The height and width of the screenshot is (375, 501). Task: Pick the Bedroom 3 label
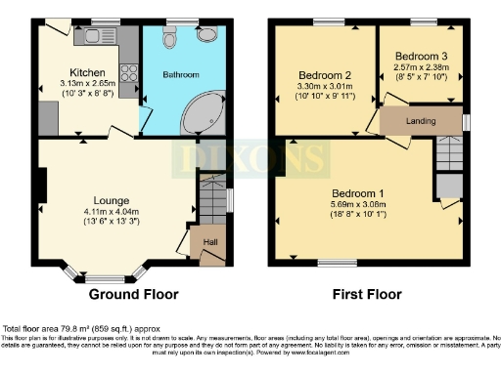coord(421,56)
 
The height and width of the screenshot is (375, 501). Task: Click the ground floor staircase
coord(210,200)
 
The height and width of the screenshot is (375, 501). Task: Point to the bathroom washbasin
coord(206,36)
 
